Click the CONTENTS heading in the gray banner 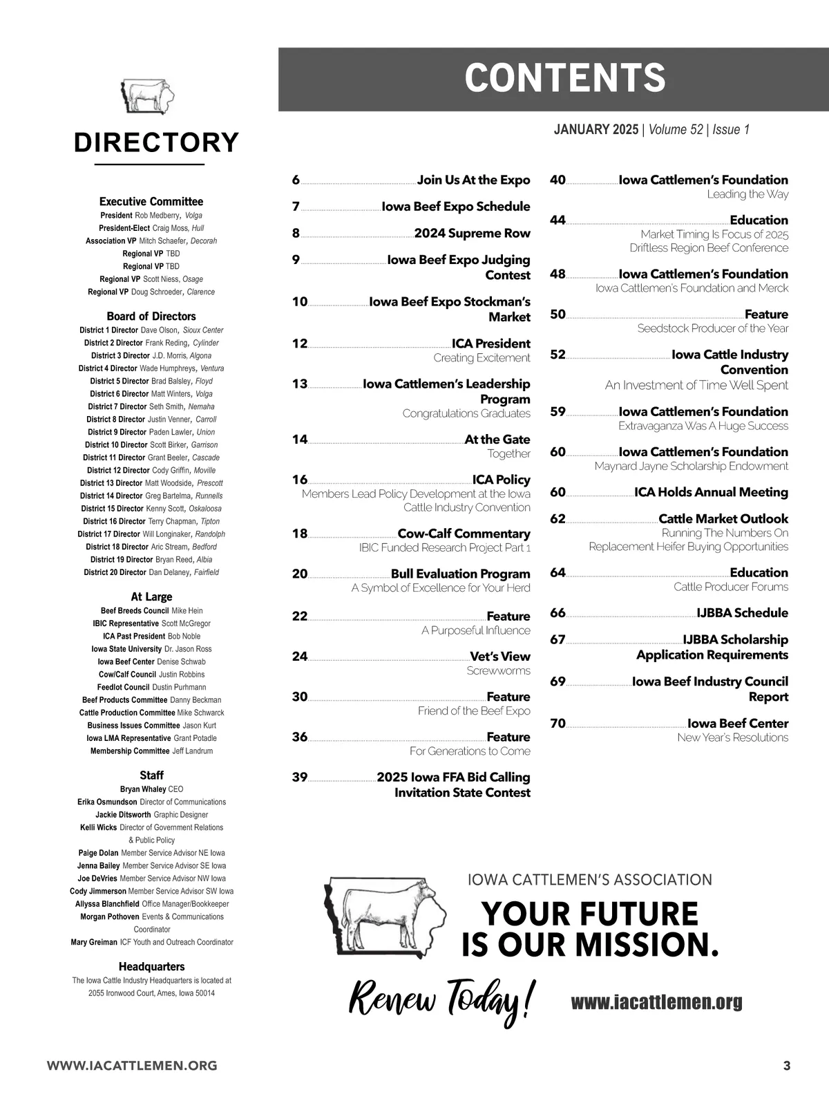pyautogui.click(x=565, y=78)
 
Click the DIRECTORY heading pyautogui.click(x=156, y=142)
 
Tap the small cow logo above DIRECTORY pyautogui.click(x=147, y=95)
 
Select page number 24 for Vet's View pyautogui.click(x=300, y=657)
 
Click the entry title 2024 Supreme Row pyautogui.click(x=473, y=234)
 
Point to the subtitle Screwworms pyautogui.click(x=498, y=671)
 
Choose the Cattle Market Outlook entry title pyautogui.click(x=723, y=519)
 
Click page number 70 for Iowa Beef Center pyautogui.click(x=558, y=724)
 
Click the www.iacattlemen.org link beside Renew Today pyautogui.click(x=656, y=1002)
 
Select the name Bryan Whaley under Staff pyautogui.click(x=143, y=789)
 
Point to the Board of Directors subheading pyautogui.click(x=151, y=317)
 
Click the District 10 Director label pyautogui.click(x=116, y=445)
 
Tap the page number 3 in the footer pyautogui.click(x=786, y=1066)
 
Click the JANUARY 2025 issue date pyautogui.click(x=596, y=130)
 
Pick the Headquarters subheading pyautogui.click(x=151, y=967)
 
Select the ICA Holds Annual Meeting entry pyautogui.click(x=711, y=493)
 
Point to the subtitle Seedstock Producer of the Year pyautogui.click(x=712, y=329)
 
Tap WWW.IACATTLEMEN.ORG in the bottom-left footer pyautogui.click(x=132, y=1066)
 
